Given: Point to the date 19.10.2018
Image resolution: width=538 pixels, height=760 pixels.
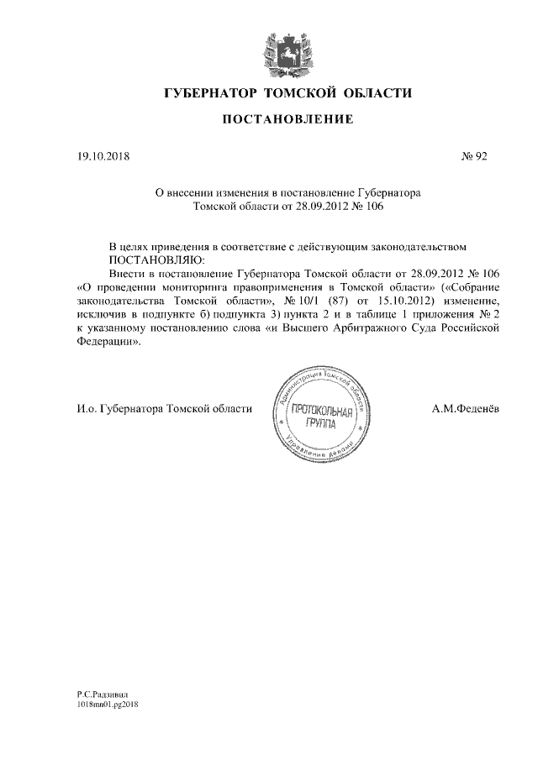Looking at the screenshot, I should coord(99,156).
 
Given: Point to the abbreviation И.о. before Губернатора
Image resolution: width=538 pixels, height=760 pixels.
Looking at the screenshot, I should coord(85,408).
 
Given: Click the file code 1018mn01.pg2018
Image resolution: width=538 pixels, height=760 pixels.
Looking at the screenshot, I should coord(107,705).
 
